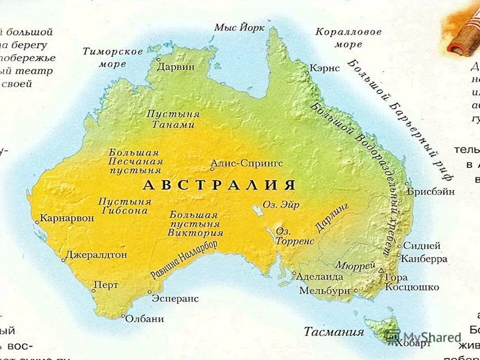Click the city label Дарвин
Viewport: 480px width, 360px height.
176,67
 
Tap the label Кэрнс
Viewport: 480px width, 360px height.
324,67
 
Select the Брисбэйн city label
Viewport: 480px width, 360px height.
430,191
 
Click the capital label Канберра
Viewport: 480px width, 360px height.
424,259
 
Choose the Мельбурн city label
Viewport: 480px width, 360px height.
325,290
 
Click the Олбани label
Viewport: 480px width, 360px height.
145,318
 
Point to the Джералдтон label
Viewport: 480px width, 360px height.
96,254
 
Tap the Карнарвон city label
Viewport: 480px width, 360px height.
66,218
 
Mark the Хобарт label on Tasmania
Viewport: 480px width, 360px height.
412,343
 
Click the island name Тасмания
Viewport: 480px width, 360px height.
334,331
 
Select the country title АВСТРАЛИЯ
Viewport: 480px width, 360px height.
219,185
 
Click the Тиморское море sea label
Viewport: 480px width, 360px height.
113,57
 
